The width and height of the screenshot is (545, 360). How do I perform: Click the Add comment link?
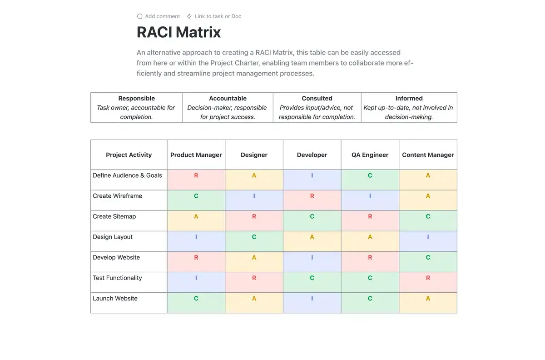point(159,16)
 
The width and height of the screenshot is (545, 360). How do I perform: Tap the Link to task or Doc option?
point(214,16)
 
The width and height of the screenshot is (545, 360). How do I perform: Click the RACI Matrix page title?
point(178,32)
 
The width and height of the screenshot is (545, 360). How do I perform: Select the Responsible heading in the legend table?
point(137,98)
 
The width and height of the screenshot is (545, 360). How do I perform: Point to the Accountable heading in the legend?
point(228,98)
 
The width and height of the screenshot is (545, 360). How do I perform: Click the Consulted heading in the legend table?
point(317,98)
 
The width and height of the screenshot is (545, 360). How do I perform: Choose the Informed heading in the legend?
point(409,98)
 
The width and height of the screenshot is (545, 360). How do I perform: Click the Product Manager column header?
point(196,155)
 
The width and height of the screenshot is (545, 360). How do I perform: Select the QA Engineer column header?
point(370,155)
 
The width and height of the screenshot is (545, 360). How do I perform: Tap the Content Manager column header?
point(428,155)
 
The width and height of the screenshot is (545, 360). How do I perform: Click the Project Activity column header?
point(129,155)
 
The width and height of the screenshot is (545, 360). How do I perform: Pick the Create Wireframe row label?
point(117,196)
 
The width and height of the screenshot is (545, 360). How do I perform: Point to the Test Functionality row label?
point(117,278)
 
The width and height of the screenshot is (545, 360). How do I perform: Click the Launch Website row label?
point(115,298)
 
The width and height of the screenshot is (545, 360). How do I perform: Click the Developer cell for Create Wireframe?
point(312,200)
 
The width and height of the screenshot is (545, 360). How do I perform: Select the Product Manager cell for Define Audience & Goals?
point(196,180)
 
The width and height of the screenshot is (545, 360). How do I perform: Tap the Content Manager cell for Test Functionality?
point(428,282)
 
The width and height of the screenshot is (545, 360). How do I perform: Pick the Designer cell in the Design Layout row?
point(254,241)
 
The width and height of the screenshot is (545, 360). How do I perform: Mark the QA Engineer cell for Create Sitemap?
point(370,220)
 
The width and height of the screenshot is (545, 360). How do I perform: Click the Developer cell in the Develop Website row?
point(312,262)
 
